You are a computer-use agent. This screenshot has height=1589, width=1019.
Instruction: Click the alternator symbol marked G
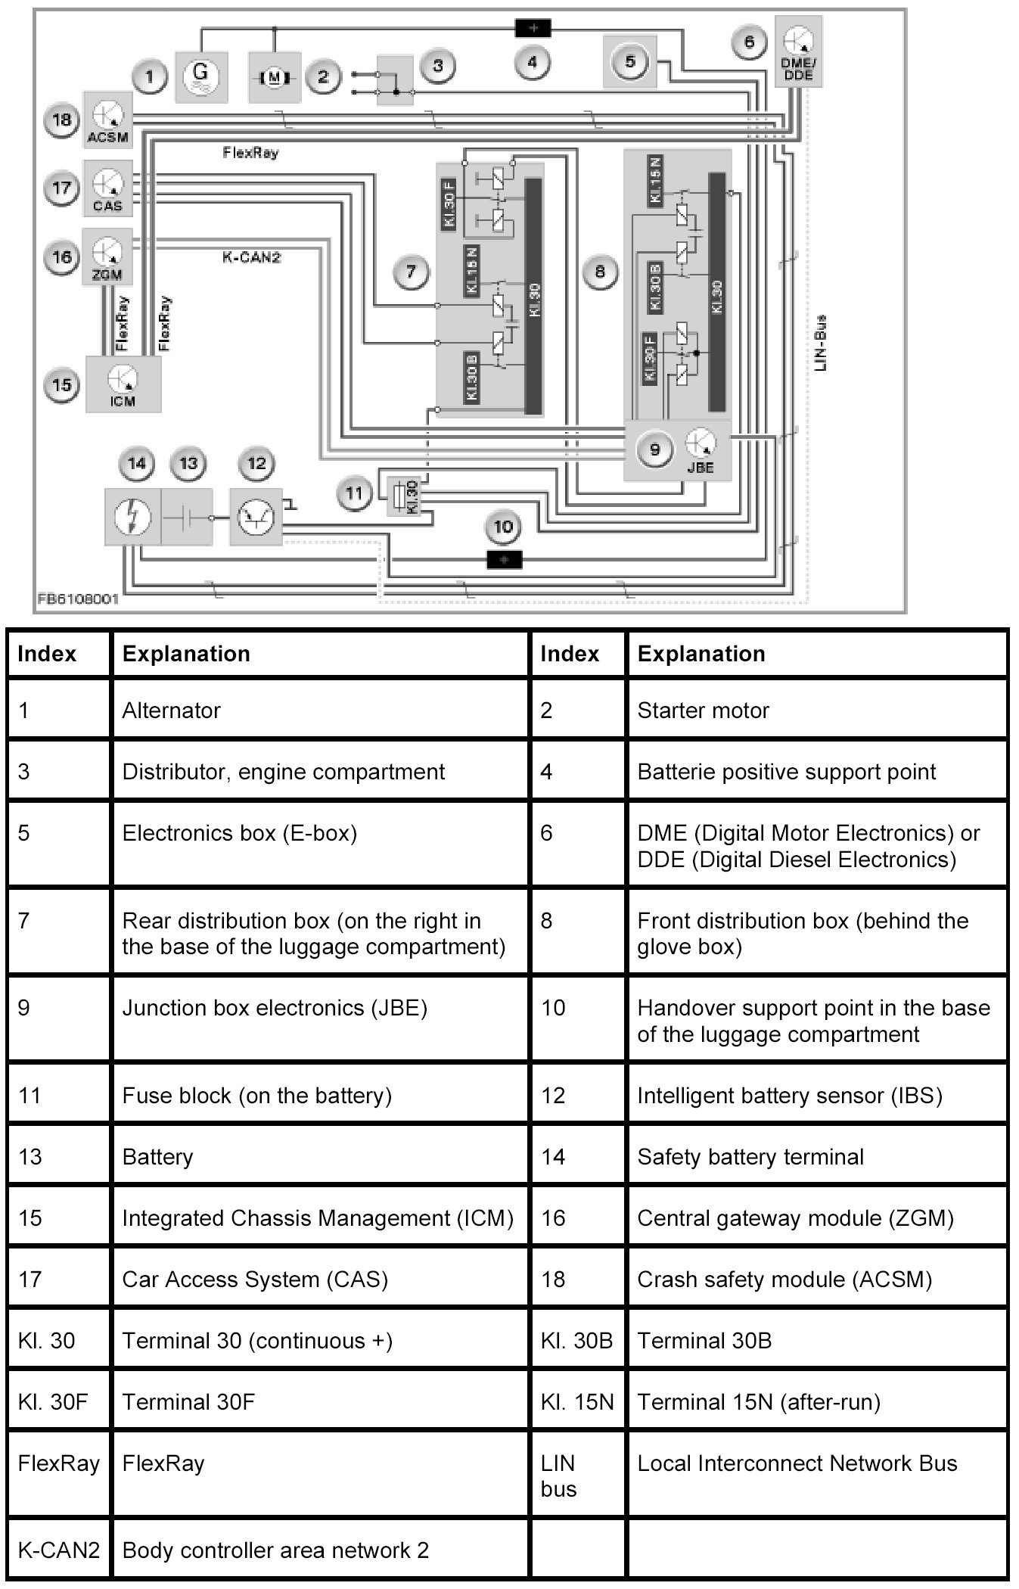point(200,76)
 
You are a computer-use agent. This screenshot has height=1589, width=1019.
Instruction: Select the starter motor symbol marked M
point(275,76)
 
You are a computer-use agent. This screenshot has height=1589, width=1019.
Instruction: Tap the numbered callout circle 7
point(411,272)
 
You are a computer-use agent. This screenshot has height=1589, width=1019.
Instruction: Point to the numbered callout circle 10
point(503,527)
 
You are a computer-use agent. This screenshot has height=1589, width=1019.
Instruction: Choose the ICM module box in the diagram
point(123,384)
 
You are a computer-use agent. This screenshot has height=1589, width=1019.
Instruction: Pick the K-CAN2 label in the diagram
point(251,257)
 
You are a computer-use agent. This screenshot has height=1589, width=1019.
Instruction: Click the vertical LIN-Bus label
point(822,343)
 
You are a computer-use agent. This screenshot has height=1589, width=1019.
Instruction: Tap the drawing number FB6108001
point(78,599)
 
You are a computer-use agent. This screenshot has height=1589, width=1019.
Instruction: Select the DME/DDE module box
point(797,51)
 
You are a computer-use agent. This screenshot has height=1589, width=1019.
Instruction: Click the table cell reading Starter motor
point(703,711)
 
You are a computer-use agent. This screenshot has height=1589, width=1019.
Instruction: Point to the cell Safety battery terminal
point(750,1157)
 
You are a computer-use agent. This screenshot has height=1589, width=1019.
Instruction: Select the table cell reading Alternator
point(172,711)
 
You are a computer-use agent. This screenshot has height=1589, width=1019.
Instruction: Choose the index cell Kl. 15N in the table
point(576,1402)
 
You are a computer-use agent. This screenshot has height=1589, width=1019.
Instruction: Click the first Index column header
point(47,654)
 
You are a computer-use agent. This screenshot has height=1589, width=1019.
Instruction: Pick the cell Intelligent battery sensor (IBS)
point(789,1096)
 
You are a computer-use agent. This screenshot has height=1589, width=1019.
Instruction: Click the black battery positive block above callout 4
point(533,29)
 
